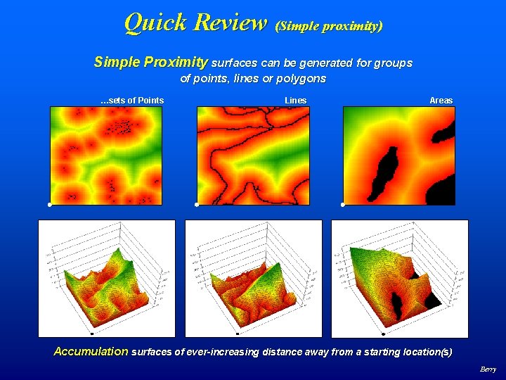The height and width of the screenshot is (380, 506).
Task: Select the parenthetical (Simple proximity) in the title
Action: click(x=329, y=26)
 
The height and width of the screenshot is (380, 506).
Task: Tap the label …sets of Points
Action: click(x=132, y=101)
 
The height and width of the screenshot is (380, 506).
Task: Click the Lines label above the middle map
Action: click(x=295, y=101)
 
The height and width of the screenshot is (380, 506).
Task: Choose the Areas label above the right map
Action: click(x=441, y=101)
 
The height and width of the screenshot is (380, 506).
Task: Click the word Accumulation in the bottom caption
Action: click(x=91, y=351)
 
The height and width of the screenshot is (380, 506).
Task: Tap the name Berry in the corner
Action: click(x=488, y=369)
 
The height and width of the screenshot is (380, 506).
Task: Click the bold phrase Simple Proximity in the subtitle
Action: click(x=150, y=63)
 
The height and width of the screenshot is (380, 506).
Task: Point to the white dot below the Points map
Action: click(x=50, y=205)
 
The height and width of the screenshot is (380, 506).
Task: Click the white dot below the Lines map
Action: click(x=196, y=205)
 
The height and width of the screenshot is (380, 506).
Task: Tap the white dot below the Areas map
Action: click(x=342, y=205)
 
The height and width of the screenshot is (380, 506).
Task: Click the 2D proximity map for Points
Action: click(x=105, y=155)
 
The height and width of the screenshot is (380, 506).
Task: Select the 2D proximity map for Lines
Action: click(x=252, y=155)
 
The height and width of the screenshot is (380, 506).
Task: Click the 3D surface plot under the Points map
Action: click(x=106, y=278)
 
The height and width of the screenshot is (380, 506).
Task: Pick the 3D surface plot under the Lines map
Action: click(x=253, y=278)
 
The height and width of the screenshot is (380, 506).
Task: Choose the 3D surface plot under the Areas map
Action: click(x=399, y=278)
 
